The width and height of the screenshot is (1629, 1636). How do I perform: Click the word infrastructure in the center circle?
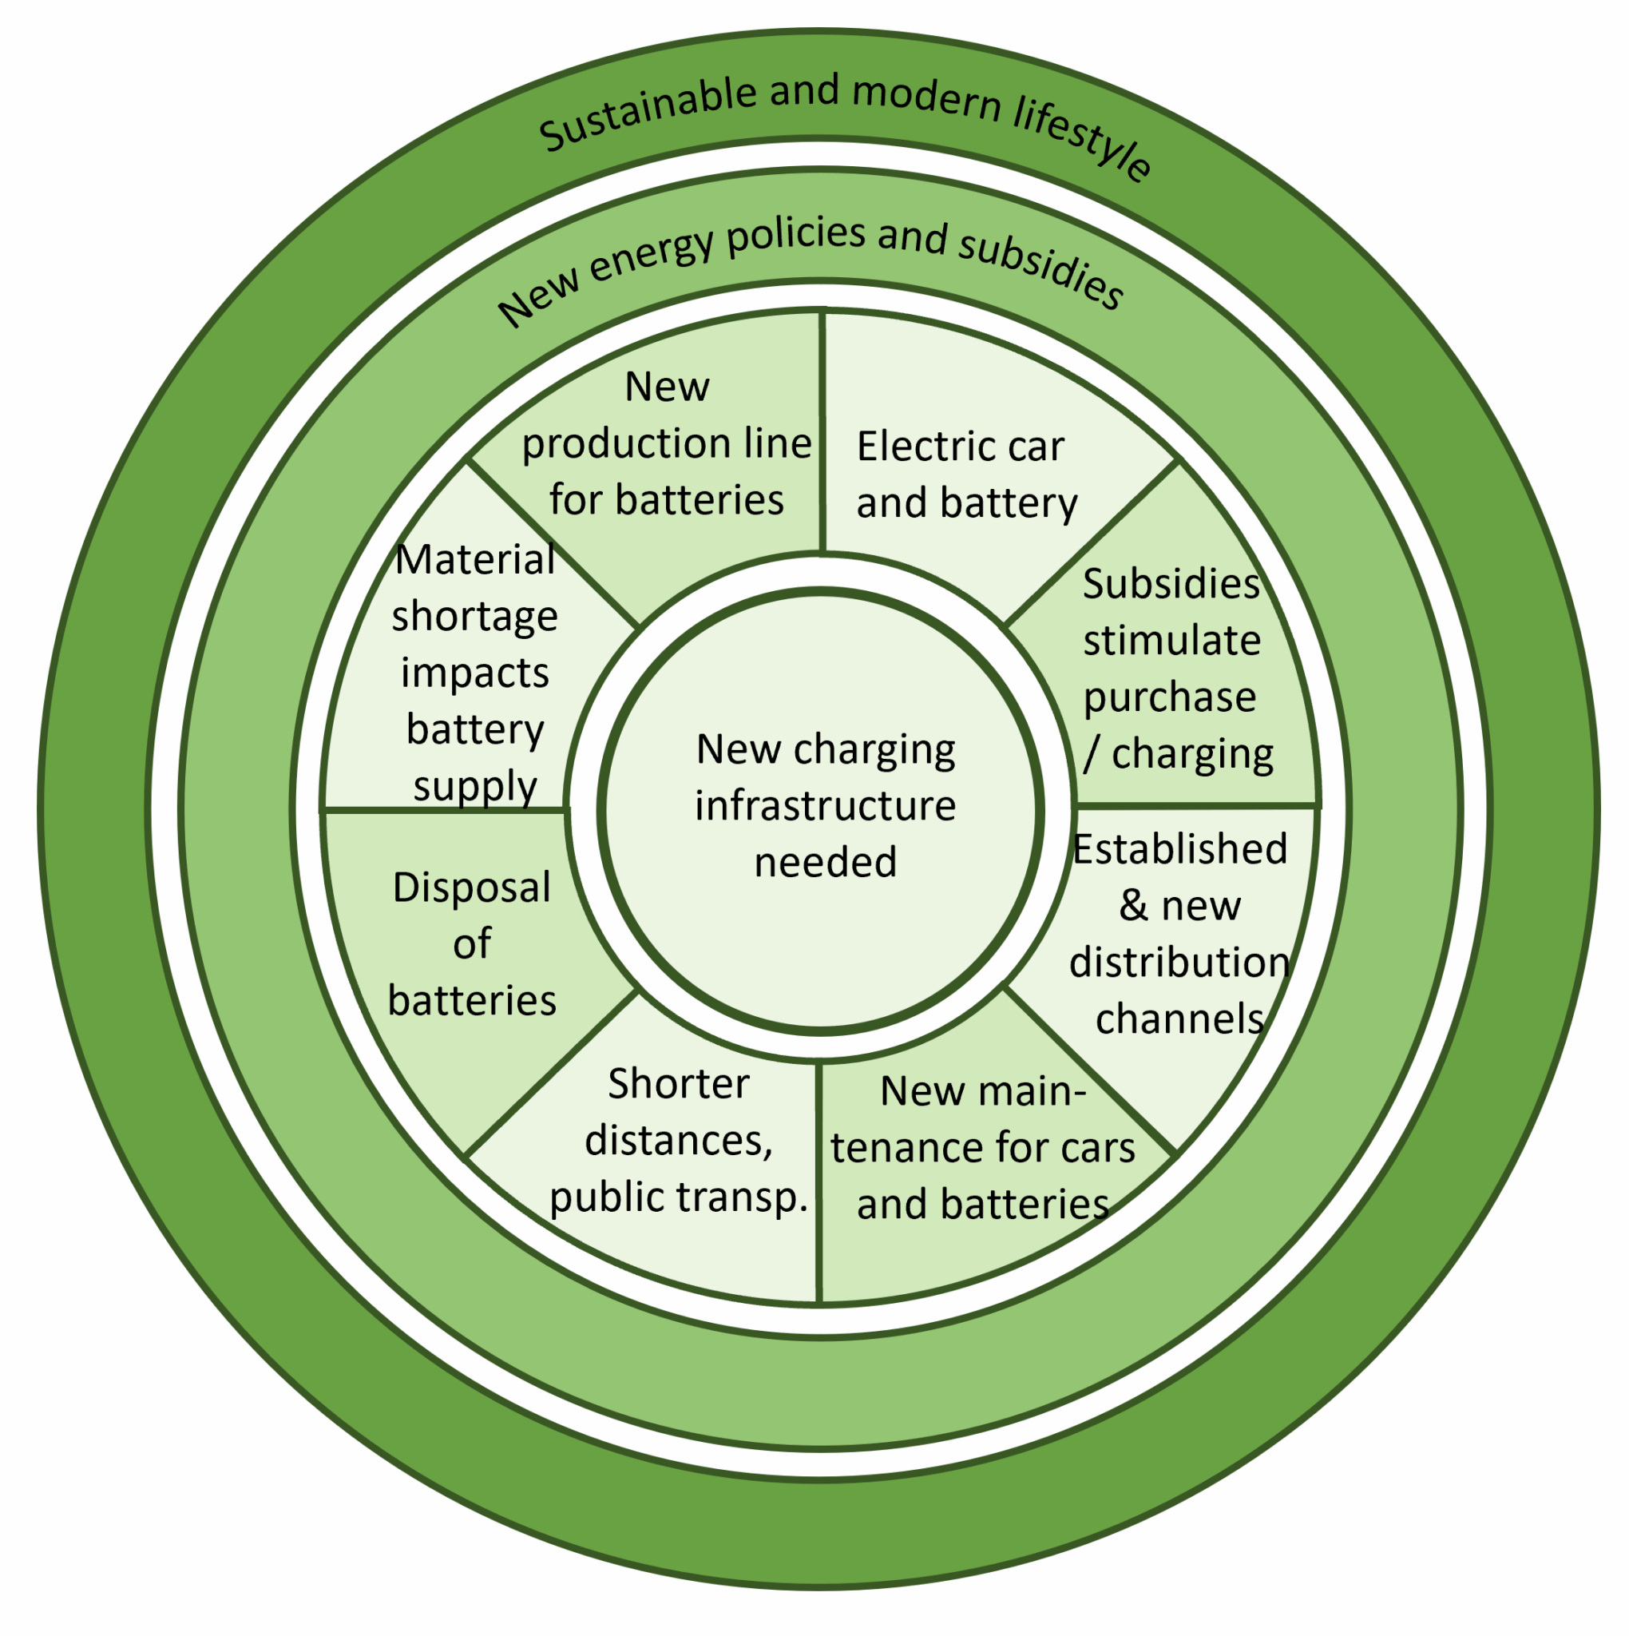(x=825, y=805)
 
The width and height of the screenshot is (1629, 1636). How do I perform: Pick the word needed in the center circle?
(x=825, y=862)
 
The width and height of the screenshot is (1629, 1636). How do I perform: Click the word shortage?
(x=474, y=617)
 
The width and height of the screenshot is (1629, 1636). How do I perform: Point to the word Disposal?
(x=472, y=887)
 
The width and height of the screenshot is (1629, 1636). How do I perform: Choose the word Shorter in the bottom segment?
(x=678, y=1084)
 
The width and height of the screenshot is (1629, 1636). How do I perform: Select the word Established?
(x=1179, y=848)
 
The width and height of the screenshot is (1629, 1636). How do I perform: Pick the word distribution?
(x=1179, y=962)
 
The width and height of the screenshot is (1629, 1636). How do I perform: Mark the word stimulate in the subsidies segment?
(x=1171, y=640)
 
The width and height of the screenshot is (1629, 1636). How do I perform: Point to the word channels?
(x=1179, y=1019)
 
